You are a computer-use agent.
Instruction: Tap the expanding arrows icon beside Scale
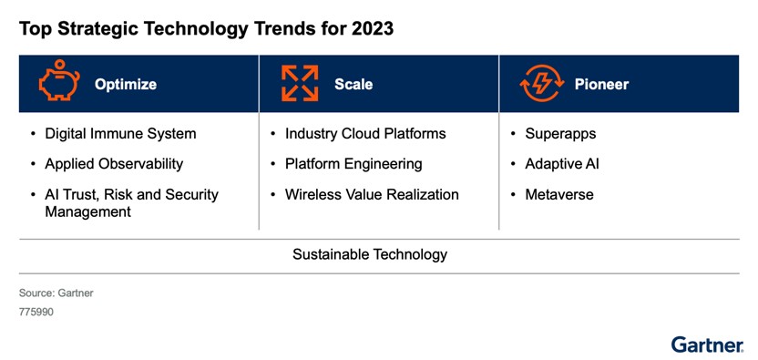pyautogui.click(x=300, y=84)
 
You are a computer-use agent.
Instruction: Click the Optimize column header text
pyautogui.click(x=126, y=85)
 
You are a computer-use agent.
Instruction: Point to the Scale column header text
pyautogui.click(x=353, y=85)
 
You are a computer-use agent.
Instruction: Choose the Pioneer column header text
pyautogui.click(x=601, y=85)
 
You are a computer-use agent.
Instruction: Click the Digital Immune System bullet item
pyautogui.click(x=120, y=134)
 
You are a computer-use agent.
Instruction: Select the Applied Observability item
pyautogui.click(x=114, y=164)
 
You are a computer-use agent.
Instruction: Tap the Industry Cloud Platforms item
pyautogui.click(x=365, y=134)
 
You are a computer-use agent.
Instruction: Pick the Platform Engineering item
pyautogui.click(x=353, y=164)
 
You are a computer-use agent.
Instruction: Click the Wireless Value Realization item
pyautogui.click(x=372, y=194)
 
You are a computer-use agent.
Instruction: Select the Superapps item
pyautogui.click(x=560, y=134)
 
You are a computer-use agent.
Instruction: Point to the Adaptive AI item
pyautogui.click(x=561, y=164)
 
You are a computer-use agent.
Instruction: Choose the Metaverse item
pyautogui.click(x=558, y=194)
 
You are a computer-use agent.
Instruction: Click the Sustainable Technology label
pyautogui.click(x=370, y=254)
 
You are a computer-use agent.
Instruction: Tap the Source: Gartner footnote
pyautogui.click(x=56, y=293)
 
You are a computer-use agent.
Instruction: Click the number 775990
pyautogui.click(x=37, y=312)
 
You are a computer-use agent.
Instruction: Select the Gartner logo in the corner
pyautogui.click(x=707, y=344)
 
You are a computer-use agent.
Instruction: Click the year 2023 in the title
pyautogui.click(x=371, y=28)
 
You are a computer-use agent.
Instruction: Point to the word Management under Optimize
pyautogui.click(x=87, y=211)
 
